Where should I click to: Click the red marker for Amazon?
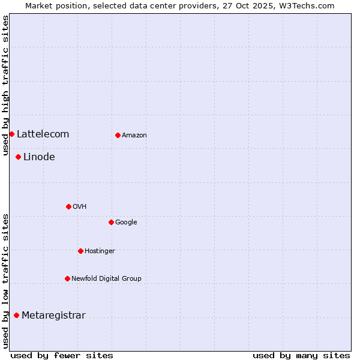118,135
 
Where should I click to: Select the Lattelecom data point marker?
11,134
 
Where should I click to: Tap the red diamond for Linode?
18,157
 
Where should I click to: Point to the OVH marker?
68,206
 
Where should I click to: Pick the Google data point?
111,222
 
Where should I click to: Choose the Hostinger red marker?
80,251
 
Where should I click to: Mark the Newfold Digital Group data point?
67,278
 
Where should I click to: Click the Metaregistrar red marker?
16,315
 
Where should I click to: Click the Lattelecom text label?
43,134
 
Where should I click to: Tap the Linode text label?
39,157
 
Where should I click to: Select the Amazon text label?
134,136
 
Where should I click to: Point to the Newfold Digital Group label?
106,278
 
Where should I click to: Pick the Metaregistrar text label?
53,316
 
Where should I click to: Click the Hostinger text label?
100,251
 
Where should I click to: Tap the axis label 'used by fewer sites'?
62,355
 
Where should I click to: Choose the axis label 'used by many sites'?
301,355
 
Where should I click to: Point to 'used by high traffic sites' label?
5,85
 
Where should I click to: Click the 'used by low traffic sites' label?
5,280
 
